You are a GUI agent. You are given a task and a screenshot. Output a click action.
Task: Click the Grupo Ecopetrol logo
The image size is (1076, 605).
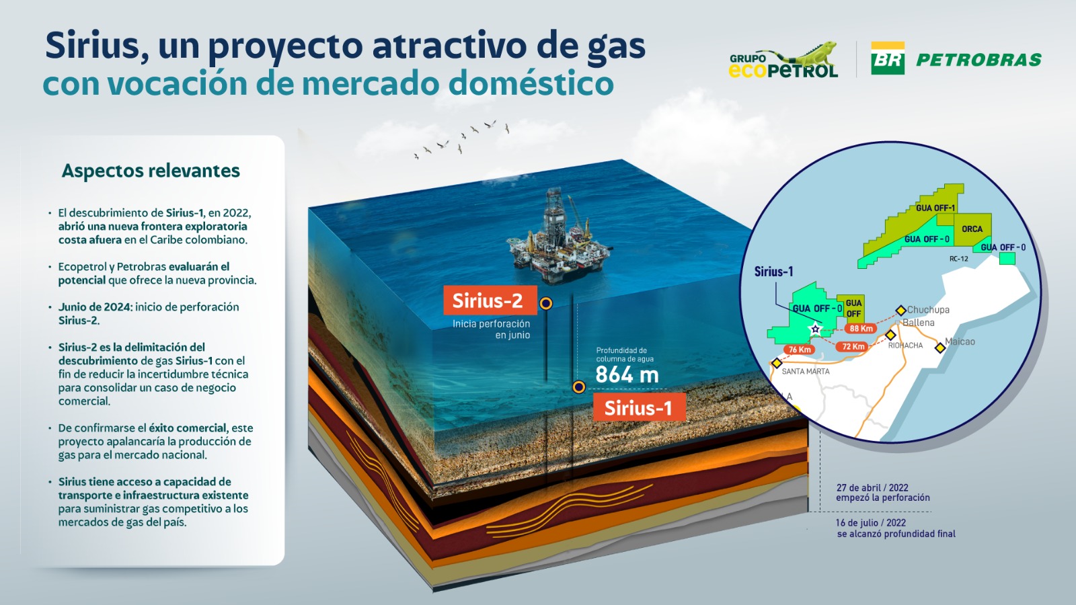[783, 60]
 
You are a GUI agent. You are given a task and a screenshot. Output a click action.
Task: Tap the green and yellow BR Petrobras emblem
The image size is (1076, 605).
[888, 58]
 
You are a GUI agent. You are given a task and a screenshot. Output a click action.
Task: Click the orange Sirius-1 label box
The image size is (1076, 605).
[640, 407]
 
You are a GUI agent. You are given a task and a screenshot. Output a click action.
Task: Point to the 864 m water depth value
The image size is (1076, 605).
[627, 375]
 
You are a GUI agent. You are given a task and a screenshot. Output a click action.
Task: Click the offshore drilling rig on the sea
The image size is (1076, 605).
[558, 238]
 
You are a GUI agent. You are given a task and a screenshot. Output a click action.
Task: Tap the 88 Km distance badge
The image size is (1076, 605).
[861, 329]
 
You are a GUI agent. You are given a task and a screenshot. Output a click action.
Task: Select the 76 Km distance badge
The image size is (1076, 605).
[800, 350]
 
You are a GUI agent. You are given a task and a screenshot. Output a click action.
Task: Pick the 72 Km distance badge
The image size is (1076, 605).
[853, 346]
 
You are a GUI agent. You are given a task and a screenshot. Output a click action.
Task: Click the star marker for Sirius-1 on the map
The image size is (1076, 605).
[815, 329]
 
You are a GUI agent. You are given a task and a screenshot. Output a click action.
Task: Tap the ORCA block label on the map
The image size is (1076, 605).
[972, 229]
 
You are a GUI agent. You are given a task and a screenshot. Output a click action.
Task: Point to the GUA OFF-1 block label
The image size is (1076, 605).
[935, 208]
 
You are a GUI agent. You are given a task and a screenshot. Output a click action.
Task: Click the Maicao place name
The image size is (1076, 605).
[960, 341]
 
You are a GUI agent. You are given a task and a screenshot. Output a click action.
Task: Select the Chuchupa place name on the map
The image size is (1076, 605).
[928, 310]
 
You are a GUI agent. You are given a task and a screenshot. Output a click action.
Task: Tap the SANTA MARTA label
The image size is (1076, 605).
[806, 371]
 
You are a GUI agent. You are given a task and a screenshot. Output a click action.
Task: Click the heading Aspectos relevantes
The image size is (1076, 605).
[151, 171]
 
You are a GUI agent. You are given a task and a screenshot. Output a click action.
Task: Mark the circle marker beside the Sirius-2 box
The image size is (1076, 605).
[545, 303]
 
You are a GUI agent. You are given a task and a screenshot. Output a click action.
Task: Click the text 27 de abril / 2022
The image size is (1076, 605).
[872, 487]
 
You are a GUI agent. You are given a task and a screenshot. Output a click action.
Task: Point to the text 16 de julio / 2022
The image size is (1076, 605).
[871, 522]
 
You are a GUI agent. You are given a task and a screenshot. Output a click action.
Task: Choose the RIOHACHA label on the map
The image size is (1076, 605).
[905, 346]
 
